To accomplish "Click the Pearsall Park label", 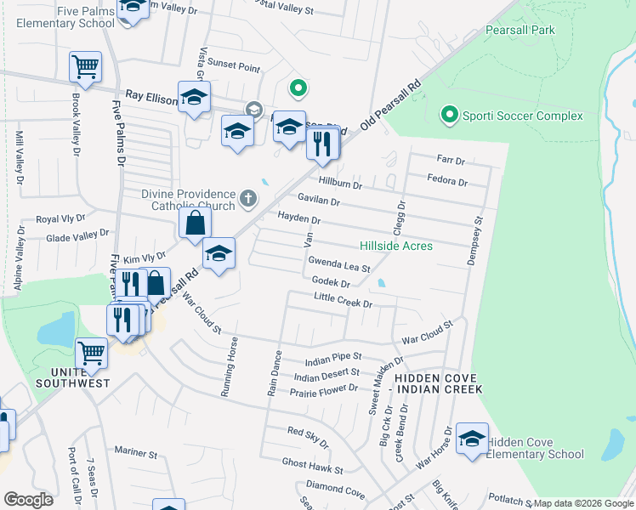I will click(x=520, y=30).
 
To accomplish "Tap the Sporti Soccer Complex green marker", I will click(x=448, y=114).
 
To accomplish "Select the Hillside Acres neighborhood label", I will click(x=396, y=246).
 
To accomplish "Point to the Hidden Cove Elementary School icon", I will click(x=472, y=439).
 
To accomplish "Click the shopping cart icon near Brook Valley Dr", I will click(x=86, y=67).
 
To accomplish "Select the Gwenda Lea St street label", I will click(x=338, y=264).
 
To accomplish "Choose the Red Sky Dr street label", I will click(x=307, y=437).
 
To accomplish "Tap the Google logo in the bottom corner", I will click(x=28, y=499).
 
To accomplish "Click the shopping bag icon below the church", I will click(x=196, y=224).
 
